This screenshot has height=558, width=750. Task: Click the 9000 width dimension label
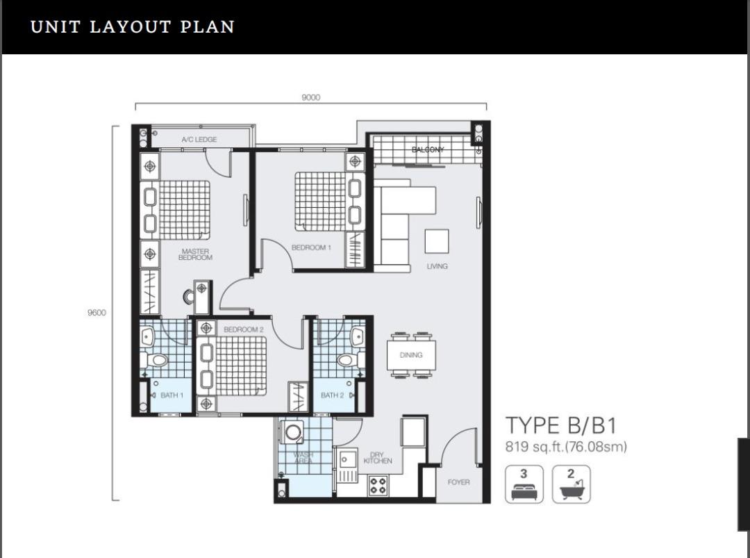pos(311,97)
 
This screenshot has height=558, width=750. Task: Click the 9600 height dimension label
pos(97,313)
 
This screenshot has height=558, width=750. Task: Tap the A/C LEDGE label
pos(199,140)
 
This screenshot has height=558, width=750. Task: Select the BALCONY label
pos(428,150)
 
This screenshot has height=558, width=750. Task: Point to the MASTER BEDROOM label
pos(195,254)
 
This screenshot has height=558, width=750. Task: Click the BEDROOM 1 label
pos(311,248)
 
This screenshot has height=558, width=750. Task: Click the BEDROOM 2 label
pos(244,329)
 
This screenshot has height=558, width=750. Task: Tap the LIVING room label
pos(437,267)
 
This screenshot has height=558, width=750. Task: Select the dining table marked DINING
pos(411,355)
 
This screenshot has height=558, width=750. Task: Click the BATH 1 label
pos(172,395)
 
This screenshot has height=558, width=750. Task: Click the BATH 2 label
pos(333,395)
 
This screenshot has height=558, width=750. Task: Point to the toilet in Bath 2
pos(349,359)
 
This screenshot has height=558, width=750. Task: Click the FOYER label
pos(458,482)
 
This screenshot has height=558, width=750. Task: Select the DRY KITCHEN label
pos(377,458)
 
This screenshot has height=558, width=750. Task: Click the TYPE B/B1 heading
pos(561,425)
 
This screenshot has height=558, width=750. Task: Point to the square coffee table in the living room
pos(437,241)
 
